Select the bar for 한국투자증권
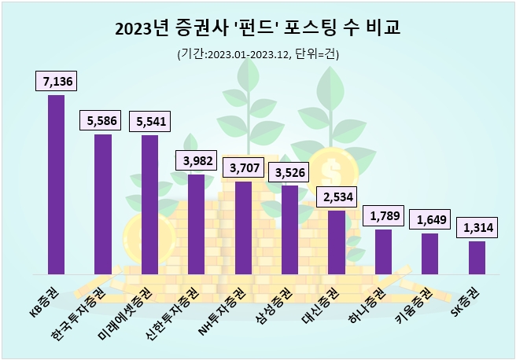tap(103, 204)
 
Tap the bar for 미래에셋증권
tap(149, 204)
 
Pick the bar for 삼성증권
tap(289, 229)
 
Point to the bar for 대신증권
tap(336, 241)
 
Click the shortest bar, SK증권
tap(477, 256)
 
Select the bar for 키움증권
tap(429, 252)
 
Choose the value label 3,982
tap(197, 160)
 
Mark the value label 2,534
tap(337, 196)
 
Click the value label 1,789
tap(383, 215)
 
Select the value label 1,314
tap(477, 227)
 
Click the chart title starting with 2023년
tap(257, 29)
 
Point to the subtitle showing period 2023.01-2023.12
tap(257, 54)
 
